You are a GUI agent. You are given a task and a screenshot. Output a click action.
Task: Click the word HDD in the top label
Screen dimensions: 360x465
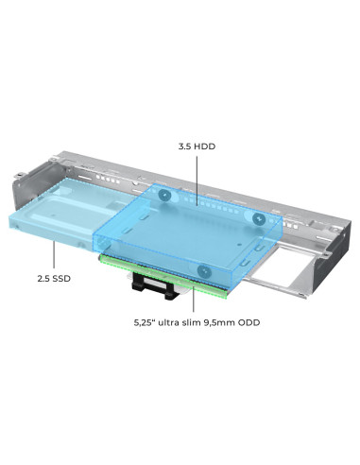[205, 146]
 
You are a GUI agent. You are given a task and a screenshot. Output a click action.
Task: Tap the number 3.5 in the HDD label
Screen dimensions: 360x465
[185, 146]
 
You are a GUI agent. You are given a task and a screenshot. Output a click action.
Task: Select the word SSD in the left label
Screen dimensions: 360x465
[61, 278]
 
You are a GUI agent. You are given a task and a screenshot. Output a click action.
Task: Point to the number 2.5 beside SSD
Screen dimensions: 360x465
[43, 278]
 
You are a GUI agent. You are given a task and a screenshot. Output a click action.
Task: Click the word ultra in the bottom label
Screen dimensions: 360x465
[170, 322]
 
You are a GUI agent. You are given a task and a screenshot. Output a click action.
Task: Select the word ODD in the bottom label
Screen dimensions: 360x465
[249, 322]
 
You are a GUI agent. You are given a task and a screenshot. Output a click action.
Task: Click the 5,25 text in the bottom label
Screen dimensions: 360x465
[144, 323]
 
